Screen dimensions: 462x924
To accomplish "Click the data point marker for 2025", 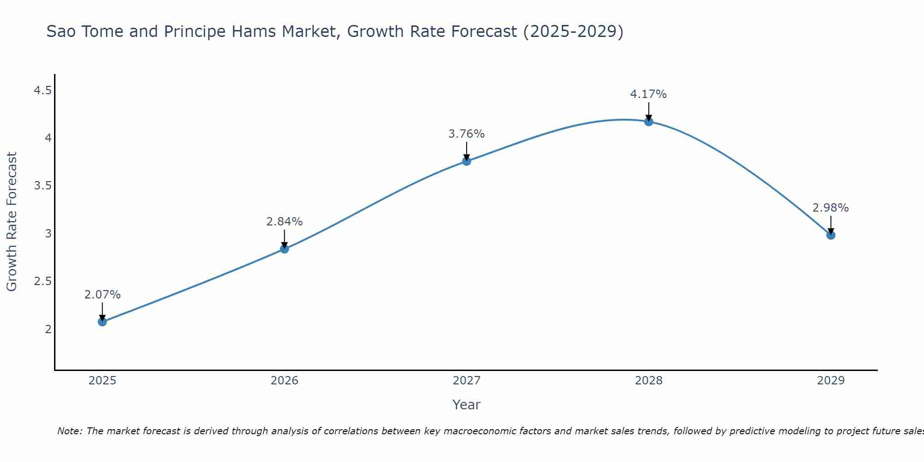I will tap(103, 322).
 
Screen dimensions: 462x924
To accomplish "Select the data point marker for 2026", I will tap(285, 249).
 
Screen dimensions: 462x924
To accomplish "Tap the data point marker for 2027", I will tap(467, 161).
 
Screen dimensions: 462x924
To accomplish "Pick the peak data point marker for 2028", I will tap(649, 122).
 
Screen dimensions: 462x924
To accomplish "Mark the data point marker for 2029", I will tap(831, 235).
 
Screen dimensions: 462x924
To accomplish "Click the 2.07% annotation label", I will tap(103, 295).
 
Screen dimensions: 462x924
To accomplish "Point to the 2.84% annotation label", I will tap(285, 222).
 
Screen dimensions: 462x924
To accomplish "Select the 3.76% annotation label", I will tap(467, 134).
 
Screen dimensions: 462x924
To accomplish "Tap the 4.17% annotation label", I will tap(649, 94).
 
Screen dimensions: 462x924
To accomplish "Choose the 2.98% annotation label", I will tap(831, 208).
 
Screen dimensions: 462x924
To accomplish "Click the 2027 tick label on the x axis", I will tap(467, 381).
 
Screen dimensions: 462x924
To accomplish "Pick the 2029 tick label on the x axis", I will tap(831, 381).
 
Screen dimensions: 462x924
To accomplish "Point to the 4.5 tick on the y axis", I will tap(43, 91).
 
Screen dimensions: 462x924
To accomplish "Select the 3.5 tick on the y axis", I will tap(43, 186).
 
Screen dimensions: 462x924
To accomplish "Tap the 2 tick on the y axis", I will tap(48, 329).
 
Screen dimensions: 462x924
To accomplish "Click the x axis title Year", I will tap(467, 405).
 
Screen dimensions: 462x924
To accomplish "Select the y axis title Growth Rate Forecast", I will tap(12, 222).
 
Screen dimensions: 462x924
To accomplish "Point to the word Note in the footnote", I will tap(69, 431).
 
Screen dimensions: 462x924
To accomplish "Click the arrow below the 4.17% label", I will tap(649, 111).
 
